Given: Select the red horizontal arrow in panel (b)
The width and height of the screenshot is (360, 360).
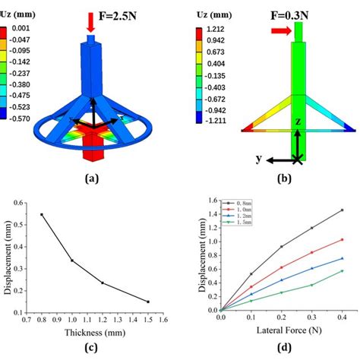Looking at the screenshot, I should tap(279, 30).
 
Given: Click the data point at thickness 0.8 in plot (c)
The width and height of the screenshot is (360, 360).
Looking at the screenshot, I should tap(42, 214).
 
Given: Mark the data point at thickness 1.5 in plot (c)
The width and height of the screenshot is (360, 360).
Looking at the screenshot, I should tap(148, 302).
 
